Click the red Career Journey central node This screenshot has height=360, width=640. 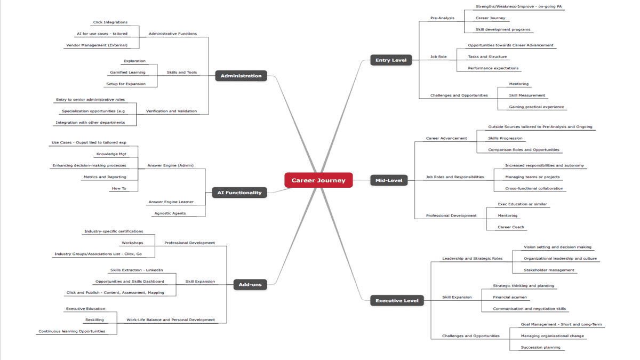318,180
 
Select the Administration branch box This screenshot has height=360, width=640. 241,76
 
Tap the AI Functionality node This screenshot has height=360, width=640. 239,193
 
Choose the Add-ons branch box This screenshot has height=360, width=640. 250,284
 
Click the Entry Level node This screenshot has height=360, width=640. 390,60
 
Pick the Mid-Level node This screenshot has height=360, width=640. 389,180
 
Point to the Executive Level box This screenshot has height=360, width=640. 397,301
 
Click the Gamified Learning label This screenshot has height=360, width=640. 127,73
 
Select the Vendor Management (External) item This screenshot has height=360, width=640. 97,45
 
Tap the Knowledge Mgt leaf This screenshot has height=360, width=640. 111,154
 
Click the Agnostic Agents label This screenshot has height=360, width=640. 170,213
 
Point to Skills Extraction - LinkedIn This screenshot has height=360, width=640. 137,270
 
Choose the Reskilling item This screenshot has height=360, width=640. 94,320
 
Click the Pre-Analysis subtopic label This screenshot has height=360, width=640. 442,18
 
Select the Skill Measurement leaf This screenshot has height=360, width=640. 527,95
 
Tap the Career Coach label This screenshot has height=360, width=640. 511,227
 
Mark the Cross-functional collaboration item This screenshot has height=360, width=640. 534,189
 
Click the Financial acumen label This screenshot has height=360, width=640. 510,298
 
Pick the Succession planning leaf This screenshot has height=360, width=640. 540,348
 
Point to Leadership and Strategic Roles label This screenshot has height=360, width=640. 472,259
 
